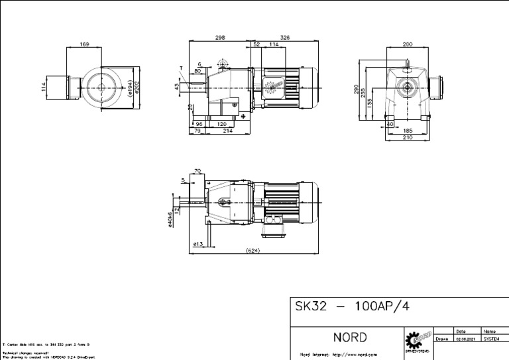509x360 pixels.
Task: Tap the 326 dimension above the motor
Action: tap(285, 38)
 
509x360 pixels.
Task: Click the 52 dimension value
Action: tap(256, 44)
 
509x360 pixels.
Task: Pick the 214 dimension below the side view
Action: tap(227, 131)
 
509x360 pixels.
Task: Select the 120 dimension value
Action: tap(221, 123)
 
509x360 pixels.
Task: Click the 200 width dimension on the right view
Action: tap(408, 44)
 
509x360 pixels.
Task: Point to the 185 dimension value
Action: tap(408, 131)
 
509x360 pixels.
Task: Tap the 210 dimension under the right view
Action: tap(408, 138)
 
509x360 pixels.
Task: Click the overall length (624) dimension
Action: tap(252, 251)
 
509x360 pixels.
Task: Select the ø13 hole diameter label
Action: tap(198, 244)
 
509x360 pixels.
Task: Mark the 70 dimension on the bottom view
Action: tap(198, 170)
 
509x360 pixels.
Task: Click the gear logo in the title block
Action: tap(418, 339)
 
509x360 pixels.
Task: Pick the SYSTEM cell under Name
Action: tap(492, 338)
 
